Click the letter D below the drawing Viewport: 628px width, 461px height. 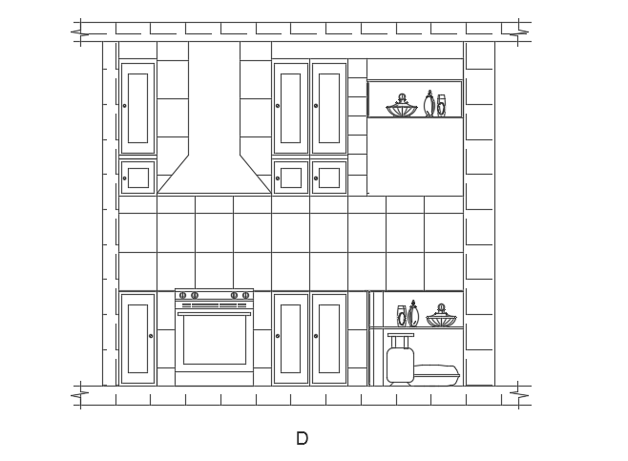(302, 438)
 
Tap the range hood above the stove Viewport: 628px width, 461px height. (215, 120)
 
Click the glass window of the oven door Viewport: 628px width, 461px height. (215, 340)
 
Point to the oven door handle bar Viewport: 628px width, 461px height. (215, 314)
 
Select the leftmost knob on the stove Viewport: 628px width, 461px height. (182, 296)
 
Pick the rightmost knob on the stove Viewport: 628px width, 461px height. (246, 296)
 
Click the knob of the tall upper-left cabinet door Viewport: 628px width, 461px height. (125, 106)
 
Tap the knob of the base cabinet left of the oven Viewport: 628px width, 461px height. (151, 336)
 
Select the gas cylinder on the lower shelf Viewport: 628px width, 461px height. (400, 359)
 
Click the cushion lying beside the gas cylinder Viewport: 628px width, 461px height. (436, 374)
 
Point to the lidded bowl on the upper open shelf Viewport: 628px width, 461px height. (401, 106)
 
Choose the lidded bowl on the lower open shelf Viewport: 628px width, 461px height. (441, 315)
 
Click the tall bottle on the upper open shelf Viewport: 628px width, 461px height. (429, 103)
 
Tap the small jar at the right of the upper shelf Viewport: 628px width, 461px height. (441, 106)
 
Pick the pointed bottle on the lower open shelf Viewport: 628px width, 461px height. (413, 313)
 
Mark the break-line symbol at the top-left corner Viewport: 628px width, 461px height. (80, 32)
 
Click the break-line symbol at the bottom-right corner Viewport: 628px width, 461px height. (518, 395)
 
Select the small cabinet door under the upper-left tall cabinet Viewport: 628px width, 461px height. (137, 178)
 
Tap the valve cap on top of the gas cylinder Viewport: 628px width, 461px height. (401, 335)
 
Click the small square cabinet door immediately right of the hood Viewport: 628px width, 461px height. (291, 178)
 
